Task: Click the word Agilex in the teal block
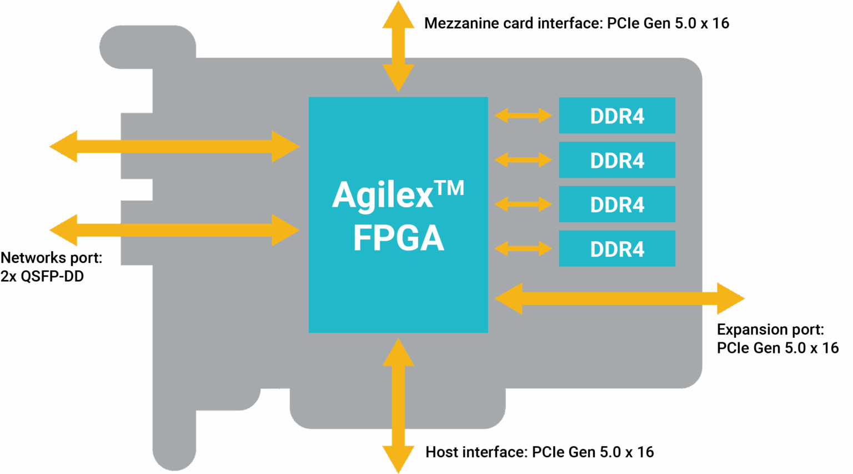click(x=383, y=196)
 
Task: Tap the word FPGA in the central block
click(x=398, y=238)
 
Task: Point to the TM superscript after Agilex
click(x=449, y=188)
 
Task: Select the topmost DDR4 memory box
click(x=616, y=116)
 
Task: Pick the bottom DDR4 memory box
click(x=616, y=249)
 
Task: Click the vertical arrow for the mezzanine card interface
click(x=398, y=46)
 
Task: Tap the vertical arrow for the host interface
click(x=398, y=406)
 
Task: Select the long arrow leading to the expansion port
click(x=619, y=298)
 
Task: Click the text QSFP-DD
click(x=52, y=276)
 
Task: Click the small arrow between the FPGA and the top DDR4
click(x=523, y=116)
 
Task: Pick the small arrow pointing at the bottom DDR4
click(x=523, y=248)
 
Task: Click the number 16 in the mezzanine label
click(x=720, y=23)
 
